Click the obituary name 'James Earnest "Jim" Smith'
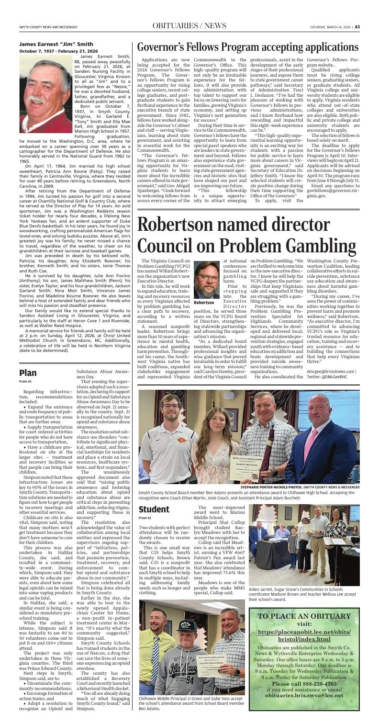click(56, 44)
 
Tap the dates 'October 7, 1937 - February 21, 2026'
click(58, 51)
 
